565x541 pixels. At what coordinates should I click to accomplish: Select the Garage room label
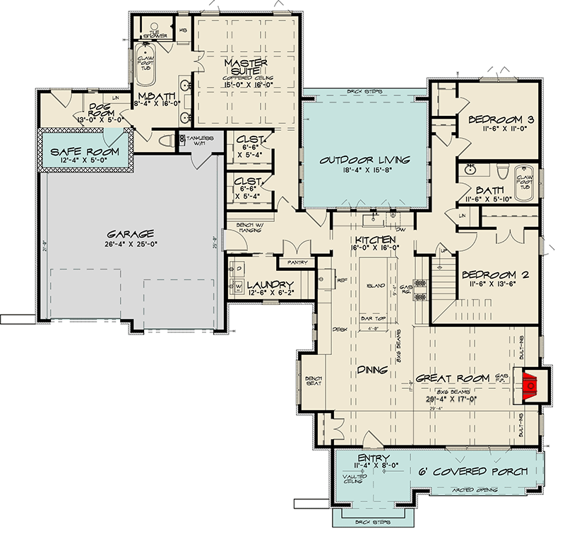[x=131, y=234]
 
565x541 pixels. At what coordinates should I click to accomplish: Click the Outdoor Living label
[x=364, y=159]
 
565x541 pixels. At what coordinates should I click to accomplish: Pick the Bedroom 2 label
[x=494, y=275]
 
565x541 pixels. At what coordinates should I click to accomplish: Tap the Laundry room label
[x=270, y=286]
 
